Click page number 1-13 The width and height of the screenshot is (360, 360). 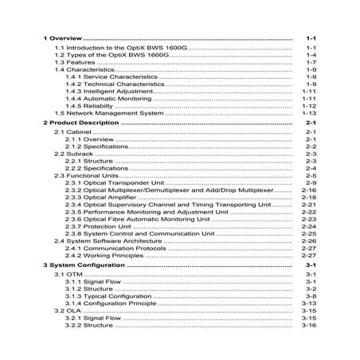(x=310, y=113)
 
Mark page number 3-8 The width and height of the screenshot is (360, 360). (x=311, y=295)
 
